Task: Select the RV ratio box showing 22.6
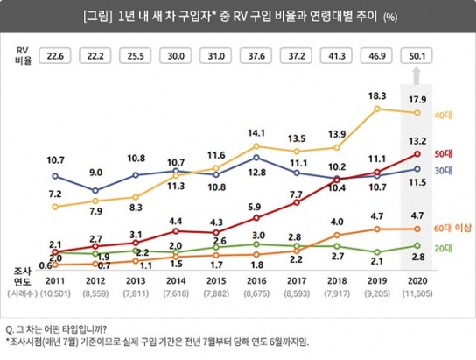coord(55,55)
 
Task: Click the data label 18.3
coord(377,95)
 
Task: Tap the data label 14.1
coord(254,132)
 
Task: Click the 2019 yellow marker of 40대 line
coord(376,109)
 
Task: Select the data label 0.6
coord(45,254)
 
